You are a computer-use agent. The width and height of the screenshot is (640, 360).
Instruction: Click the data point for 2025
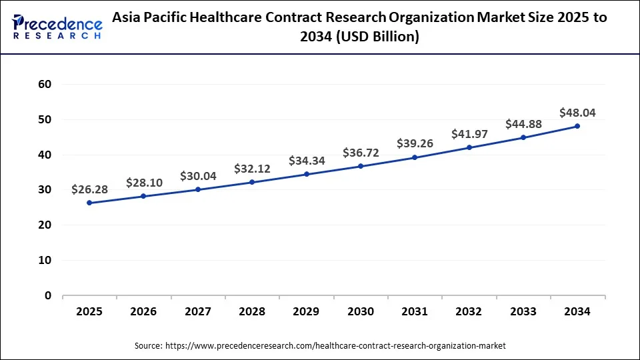89,203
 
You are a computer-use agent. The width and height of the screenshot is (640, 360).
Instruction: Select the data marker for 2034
577,126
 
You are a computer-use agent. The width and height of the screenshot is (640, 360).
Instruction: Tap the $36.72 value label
361,153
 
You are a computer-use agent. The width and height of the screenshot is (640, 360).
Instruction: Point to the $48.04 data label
577,113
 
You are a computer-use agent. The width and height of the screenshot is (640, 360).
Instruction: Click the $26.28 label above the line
89,189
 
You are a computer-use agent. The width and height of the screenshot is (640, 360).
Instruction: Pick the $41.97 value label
469,134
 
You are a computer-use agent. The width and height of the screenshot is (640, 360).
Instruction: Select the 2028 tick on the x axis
252,311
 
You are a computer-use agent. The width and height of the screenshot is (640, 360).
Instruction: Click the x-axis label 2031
415,311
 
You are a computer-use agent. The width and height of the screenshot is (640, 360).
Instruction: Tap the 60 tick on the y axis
45,84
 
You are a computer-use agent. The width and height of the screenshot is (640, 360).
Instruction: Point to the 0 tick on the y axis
47,295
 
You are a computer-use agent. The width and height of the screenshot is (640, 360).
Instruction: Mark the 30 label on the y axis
45,190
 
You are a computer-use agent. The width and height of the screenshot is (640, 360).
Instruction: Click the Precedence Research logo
56,27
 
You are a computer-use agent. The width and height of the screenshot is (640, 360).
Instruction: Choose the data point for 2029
307,174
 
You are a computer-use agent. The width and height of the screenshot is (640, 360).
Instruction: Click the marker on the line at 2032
469,147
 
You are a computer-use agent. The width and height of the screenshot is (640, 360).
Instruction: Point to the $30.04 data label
198,176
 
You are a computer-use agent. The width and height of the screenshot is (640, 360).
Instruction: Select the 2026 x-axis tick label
143,311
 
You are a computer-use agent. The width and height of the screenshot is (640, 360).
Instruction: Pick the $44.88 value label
523,124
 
